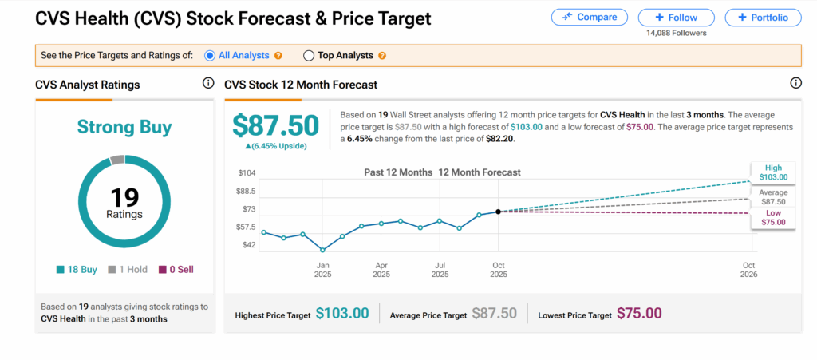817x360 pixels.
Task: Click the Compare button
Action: (x=589, y=18)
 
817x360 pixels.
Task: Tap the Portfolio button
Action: (x=763, y=18)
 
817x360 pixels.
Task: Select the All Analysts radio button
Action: (x=210, y=56)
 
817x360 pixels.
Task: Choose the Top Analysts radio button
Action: (x=309, y=56)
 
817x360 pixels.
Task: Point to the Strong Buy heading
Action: (x=124, y=127)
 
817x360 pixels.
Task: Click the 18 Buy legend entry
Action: (x=78, y=270)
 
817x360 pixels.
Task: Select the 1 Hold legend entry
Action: (x=128, y=270)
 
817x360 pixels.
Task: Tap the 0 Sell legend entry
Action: (x=176, y=270)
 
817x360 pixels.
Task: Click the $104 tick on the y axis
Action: (x=247, y=173)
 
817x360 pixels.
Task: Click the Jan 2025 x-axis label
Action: (x=322, y=269)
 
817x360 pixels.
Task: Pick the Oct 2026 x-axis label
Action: (x=748, y=269)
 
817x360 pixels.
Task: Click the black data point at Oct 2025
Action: (x=499, y=212)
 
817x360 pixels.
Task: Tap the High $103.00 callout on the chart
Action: (x=772, y=172)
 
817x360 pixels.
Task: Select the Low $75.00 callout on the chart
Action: (x=772, y=218)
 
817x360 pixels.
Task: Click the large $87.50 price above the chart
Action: (x=275, y=126)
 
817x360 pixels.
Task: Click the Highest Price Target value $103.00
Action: (x=342, y=315)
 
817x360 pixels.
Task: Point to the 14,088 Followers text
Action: (x=677, y=33)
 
